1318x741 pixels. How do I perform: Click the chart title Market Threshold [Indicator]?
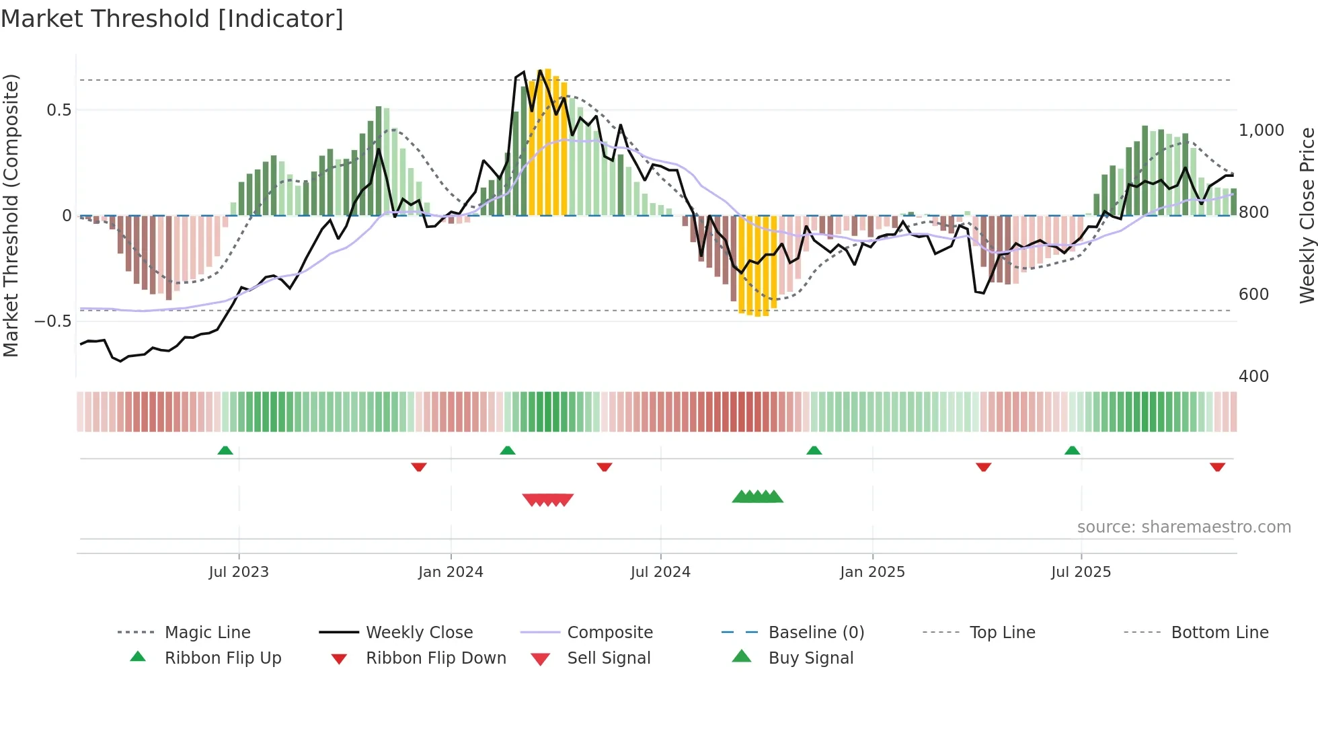click(172, 19)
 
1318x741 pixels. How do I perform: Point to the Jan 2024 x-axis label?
click(451, 572)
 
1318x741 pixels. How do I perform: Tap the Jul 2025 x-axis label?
click(1081, 572)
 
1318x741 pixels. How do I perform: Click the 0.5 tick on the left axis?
click(59, 110)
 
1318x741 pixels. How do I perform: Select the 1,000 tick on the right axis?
click(1261, 130)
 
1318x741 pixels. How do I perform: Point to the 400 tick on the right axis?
click(1253, 376)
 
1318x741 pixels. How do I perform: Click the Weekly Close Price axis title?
click(1307, 215)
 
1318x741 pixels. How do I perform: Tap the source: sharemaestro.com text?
click(1184, 526)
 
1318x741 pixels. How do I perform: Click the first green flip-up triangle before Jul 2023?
click(225, 451)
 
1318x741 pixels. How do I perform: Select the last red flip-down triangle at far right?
click(1217, 467)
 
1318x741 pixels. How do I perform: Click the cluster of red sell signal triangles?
click(548, 500)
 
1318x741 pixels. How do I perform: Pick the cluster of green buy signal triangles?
click(758, 497)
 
